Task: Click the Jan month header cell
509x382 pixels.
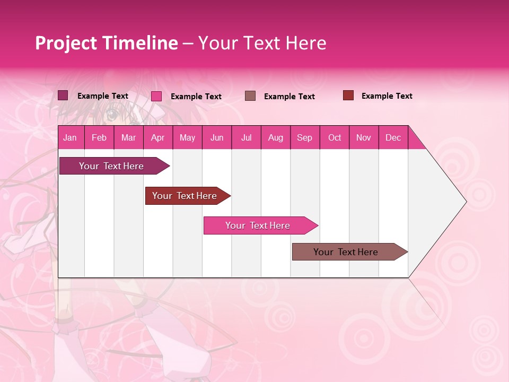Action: (70, 137)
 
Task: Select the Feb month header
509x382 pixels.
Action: (99, 137)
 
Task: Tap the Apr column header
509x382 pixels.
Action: (157, 137)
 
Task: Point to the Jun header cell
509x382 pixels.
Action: (217, 137)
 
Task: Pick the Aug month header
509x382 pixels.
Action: (275, 137)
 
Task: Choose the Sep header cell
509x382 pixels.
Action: (304, 137)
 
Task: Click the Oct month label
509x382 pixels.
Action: (335, 137)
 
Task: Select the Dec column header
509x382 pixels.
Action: (393, 137)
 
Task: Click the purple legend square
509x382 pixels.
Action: (63, 95)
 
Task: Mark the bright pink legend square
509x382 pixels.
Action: (156, 96)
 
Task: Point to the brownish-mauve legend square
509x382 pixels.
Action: (250, 96)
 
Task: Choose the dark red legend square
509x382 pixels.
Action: (348, 95)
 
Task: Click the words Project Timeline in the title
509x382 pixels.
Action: (107, 43)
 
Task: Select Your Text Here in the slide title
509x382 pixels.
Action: (262, 43)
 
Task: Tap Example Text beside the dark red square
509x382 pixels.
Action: (387, 96)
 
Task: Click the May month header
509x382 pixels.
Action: (187, 137)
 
